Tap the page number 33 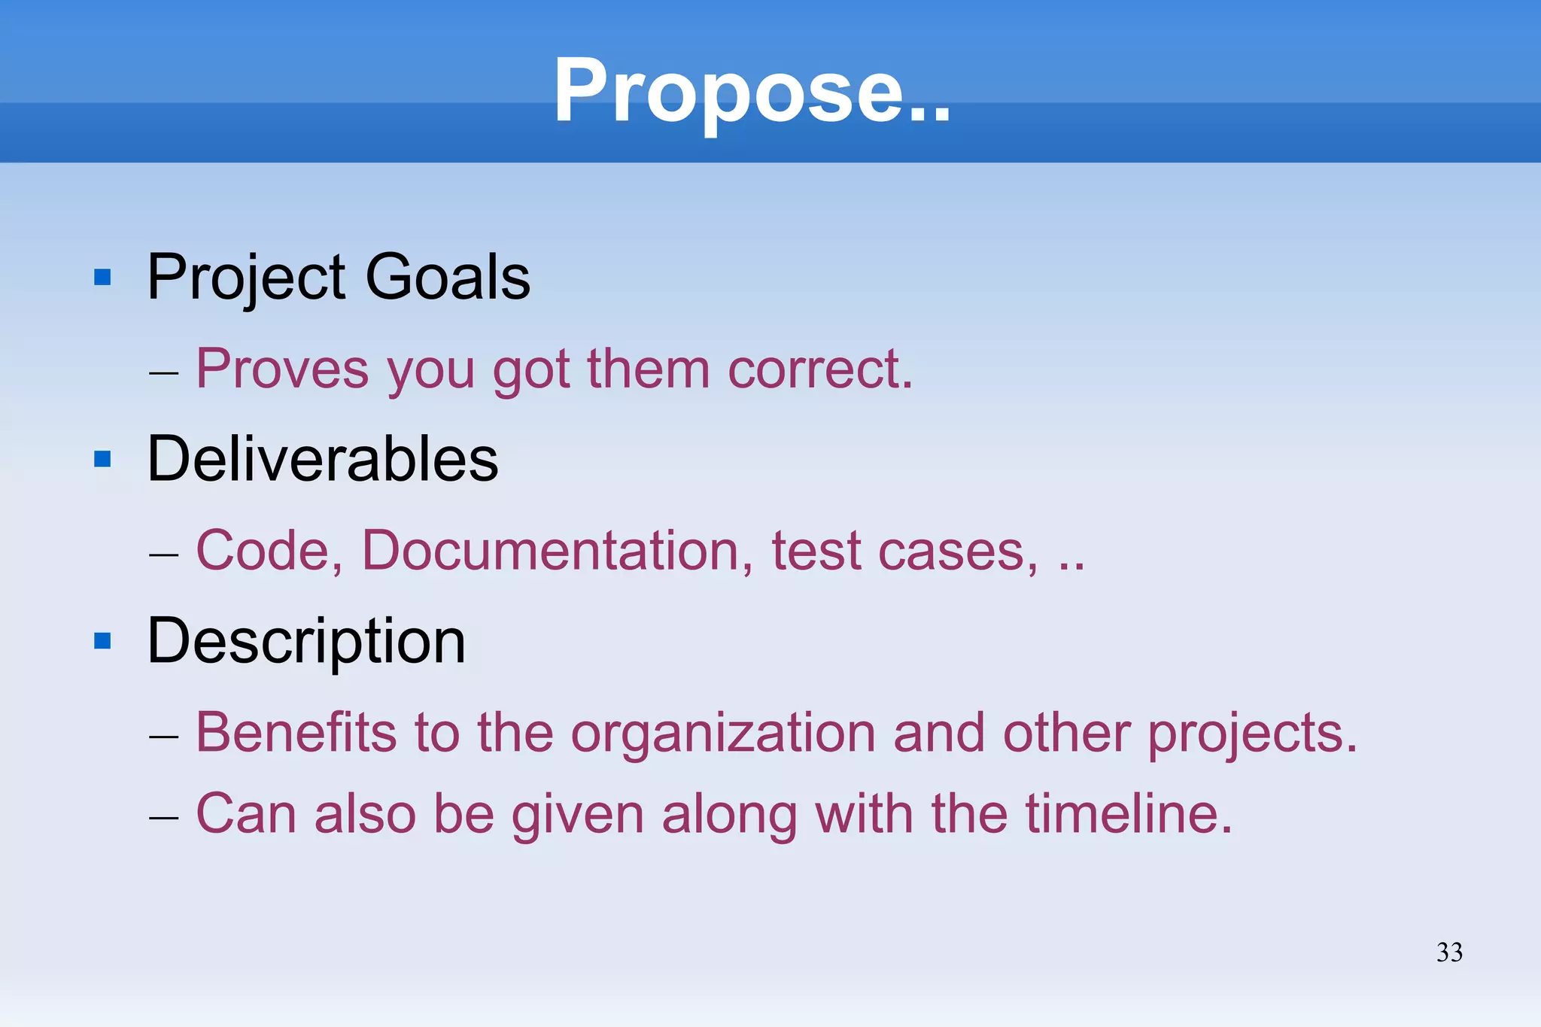(1449, 953)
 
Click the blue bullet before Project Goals (102, 278)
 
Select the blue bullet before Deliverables (102, 459)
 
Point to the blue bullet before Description (102, 641)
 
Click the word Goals (448, 277)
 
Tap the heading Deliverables (323, 459)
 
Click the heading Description (306, 642)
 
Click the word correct (820, 370)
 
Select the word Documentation (558, 551)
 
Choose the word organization (723, 734)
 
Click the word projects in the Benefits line (1253, 734)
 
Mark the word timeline (1129, 814)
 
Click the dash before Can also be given (163, 817)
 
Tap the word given (578, 816)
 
